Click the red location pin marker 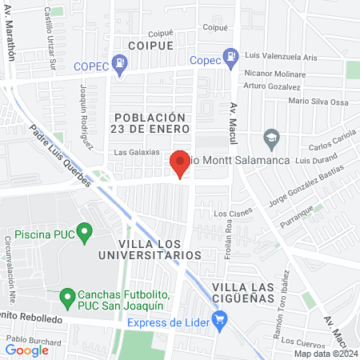[180, 165]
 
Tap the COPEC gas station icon [119, 62]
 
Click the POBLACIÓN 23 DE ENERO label [150, 122]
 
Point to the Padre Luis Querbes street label [60, 155]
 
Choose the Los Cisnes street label [232, 214]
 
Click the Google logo [26, 350]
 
